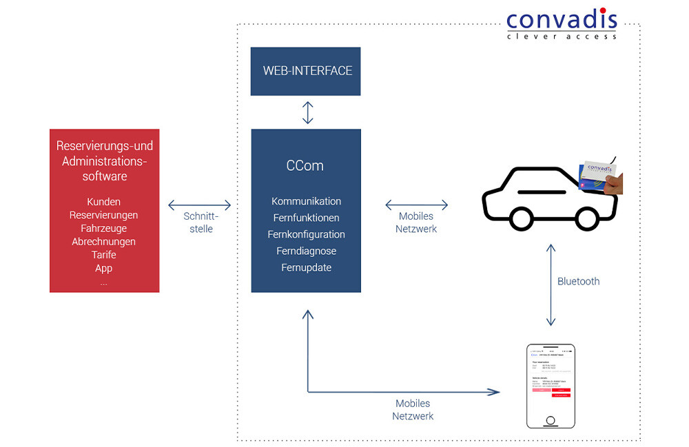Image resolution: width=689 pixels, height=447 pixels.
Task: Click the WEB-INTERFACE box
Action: click(x=307, y=71)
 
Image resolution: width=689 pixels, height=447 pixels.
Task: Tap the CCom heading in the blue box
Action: click(x=305, y=166)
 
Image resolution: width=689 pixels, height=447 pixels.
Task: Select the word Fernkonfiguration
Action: click(x=306, y=234)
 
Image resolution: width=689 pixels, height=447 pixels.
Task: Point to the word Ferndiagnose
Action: click(x=306, y=251)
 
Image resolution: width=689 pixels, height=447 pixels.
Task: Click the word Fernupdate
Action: click(x=306, y=267)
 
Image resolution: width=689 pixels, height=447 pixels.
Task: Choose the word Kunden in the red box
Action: click(x=104, y=202)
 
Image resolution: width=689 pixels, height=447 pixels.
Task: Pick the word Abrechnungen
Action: click(x=104, y=242)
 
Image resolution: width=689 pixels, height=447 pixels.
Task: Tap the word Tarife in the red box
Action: click(x=104, y=255)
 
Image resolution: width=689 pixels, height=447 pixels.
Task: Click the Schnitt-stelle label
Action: click(x=200, y=222)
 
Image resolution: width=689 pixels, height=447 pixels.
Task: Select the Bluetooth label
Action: click(x=578, y=281)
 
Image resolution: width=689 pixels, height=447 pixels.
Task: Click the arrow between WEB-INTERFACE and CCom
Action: click(x=307, y=113)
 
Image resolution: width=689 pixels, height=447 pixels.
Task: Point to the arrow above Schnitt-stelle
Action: click(x=200, y=205)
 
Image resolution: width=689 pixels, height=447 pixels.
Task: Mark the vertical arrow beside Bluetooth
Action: click(x=550, y=284)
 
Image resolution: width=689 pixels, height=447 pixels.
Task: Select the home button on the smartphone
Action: click(x=549, y=420)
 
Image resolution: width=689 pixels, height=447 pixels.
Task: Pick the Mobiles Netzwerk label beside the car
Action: click(x=416, y=222)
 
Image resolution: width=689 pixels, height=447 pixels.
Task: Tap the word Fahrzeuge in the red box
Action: click(x=104, y=228)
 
